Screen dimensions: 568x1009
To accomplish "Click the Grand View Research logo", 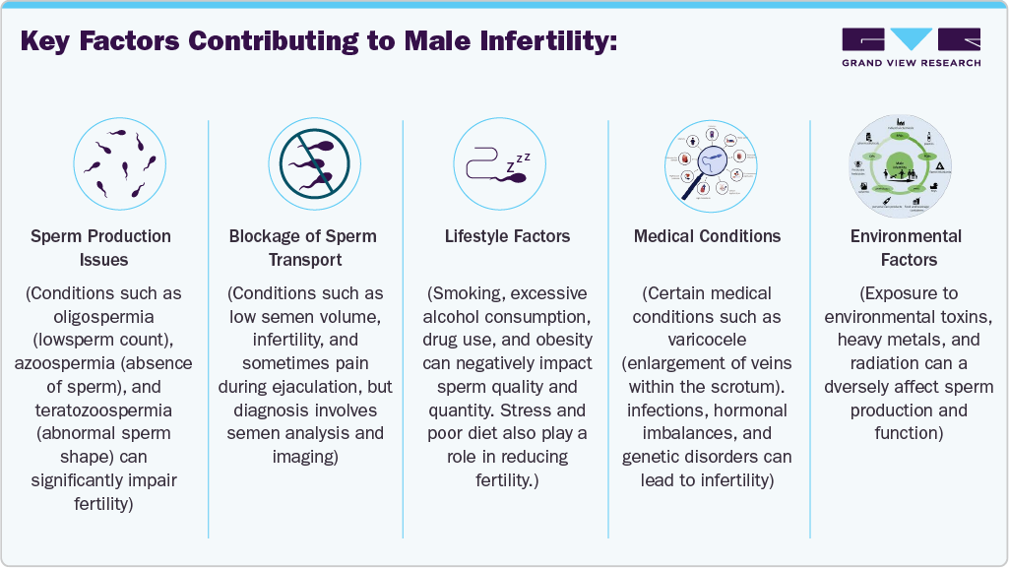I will click(911, 40).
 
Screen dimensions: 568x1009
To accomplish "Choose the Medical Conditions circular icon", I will click(707, 161).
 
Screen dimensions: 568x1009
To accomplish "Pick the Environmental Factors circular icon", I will click(908, 161).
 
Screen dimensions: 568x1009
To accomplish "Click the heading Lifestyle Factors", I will click(507, 236).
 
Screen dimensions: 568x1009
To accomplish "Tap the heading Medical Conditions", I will click(707, 236).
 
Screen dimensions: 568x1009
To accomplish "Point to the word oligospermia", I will click(114, 317).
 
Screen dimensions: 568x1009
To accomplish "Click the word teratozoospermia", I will click(114, 410).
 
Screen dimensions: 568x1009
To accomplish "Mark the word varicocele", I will click(707, 340).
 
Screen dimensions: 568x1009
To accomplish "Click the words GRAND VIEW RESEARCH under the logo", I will click(911, 63).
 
